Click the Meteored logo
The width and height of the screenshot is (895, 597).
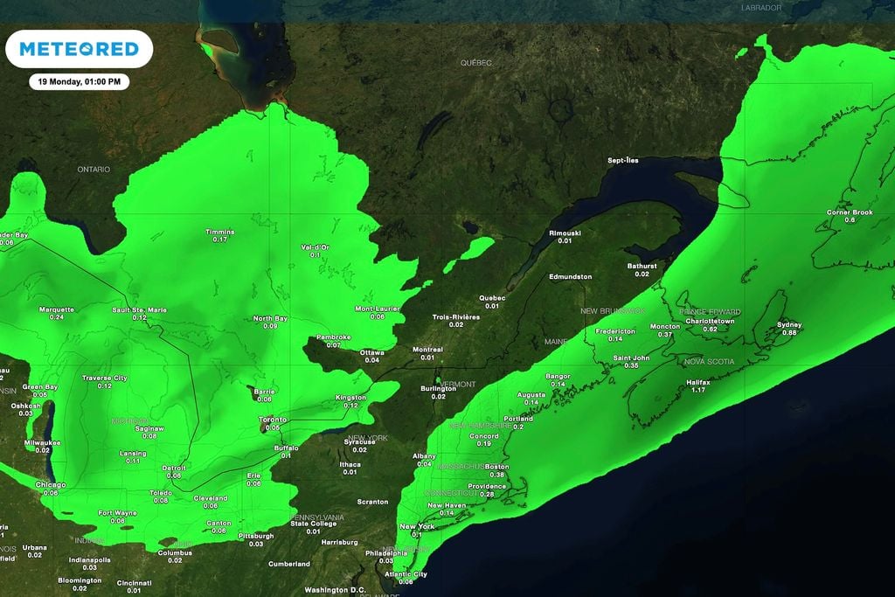(80, 49)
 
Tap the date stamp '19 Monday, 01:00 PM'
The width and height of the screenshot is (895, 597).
(79, 82)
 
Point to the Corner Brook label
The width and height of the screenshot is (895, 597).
(850, 212)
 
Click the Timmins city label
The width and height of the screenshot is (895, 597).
(219, 232)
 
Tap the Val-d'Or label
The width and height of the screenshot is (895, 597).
(315, 246)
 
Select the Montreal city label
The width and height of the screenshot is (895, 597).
(427, 349)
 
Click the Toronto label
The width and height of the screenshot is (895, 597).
(273, 420)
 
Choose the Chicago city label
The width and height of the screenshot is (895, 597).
(51, 484)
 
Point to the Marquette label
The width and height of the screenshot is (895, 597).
(57, 309)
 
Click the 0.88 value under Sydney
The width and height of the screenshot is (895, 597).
(789, 332)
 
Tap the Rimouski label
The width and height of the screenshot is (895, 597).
(565, 233)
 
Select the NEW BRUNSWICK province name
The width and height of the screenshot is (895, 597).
(613, 311)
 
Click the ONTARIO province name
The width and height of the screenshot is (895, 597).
(94, 169)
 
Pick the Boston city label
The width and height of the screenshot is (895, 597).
(496, 467)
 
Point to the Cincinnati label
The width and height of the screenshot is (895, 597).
(134, 582)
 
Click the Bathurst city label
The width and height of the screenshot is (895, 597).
(642, 266)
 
